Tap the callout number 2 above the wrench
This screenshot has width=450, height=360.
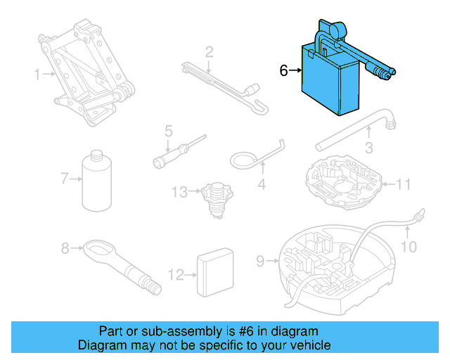click(209, 51)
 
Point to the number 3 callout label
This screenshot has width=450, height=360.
click(368, 148)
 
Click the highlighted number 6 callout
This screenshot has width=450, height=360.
click(284, 70)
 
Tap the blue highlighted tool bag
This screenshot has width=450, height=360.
click(329, 79)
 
